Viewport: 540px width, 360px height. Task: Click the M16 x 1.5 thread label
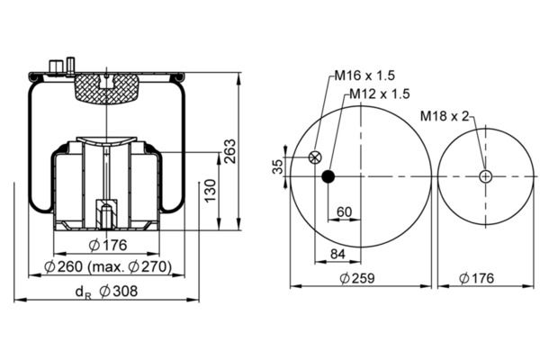[364, 76]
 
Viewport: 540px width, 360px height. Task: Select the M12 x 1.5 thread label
[380, 94]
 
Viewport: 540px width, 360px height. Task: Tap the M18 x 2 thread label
[445, 116]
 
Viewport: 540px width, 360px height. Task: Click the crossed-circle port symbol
[315, 157]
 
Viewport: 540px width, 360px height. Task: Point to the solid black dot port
[328, 176]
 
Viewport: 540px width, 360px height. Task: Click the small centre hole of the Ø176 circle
[486, 176]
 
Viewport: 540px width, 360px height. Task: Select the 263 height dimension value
[229, 151]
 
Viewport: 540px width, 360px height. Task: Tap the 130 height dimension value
[210, 190]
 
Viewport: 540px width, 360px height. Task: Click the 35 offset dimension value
[277, 166]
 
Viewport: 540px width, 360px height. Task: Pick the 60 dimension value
[345, 211]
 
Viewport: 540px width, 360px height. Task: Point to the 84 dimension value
[337, 254]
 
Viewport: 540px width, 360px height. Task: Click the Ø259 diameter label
[357, 278]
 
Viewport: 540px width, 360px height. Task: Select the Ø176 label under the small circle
[477, 278]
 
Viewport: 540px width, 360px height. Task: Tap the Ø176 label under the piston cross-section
[108, 246]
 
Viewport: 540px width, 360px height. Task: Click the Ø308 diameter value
[119, 292]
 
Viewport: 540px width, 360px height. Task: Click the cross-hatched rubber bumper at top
[107, 89]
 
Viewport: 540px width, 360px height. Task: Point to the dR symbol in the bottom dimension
[84, 292]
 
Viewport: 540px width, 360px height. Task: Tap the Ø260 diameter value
[64, 266]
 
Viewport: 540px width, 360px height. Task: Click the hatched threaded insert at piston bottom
[106, 214]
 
